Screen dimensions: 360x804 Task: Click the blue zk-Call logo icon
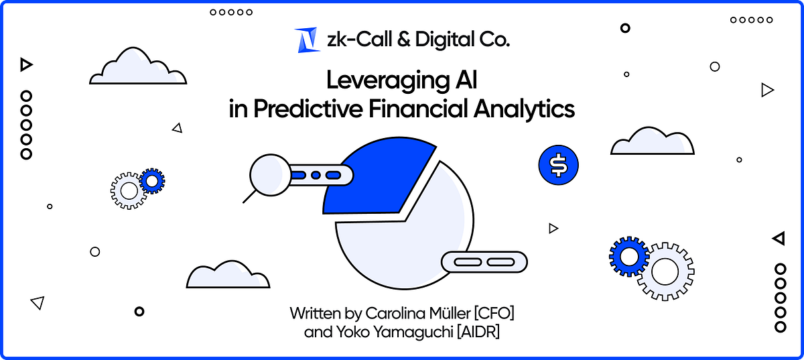[x=306, y=40]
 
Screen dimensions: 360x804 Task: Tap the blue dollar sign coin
[x=558, y=164]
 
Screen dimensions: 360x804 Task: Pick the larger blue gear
[x=628, y=255]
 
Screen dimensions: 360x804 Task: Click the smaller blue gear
[x=152, y=180]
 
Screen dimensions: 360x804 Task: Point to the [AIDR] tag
[x=478, y=333]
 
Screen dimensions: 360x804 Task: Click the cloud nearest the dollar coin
[x=651, y=141]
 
